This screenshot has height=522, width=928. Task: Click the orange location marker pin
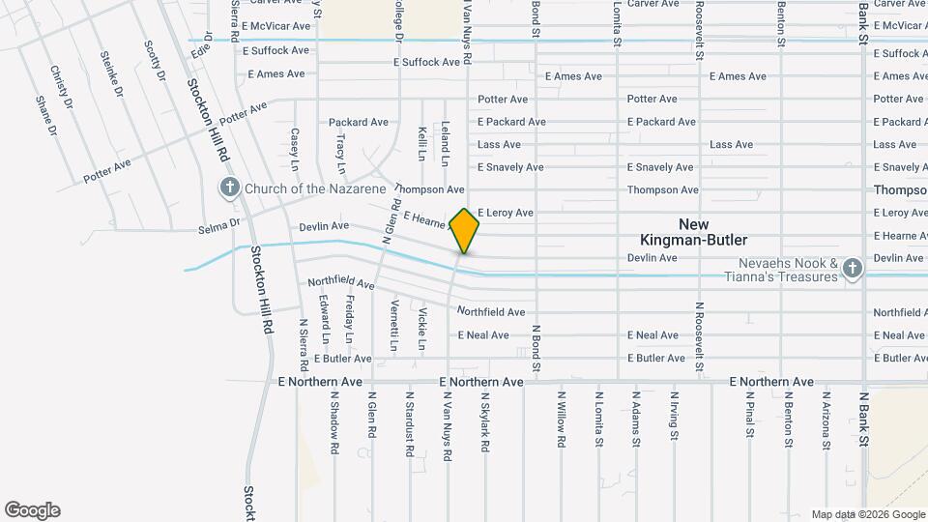(464, 230)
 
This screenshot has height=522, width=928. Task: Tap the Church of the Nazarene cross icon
(229, 188)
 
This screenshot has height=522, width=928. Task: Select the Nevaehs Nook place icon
(852, 268)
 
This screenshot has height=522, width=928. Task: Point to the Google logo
(32, 510)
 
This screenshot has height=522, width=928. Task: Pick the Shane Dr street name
(44, 115)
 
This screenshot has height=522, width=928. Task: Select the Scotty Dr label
(155, 61)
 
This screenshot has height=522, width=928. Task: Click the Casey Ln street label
(295, 146)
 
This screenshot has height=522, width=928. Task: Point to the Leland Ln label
(446, 141)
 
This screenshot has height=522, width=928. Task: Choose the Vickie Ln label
(421, 328)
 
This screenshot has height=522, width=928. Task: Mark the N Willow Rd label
(560, 419)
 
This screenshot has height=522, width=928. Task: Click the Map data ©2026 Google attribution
(866, 514)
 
